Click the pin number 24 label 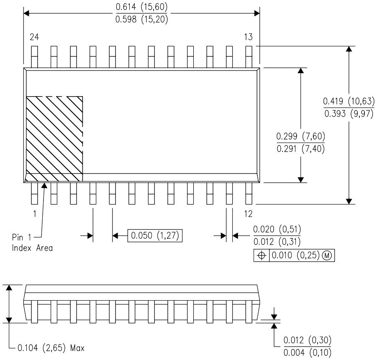coord(34,37)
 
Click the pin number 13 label coord(249,37)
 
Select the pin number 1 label coord(34,214)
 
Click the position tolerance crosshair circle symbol coord(262,255)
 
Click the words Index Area coord(32,248)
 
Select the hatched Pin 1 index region coord(54,138)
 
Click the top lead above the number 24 coord(34,56)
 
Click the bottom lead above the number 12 coord(249,193)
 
